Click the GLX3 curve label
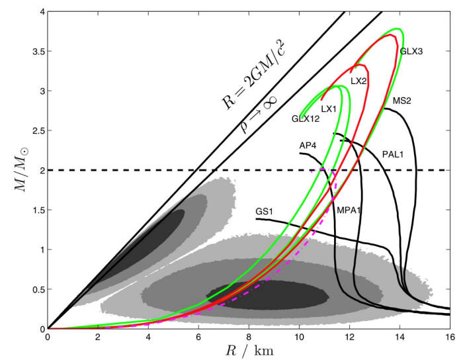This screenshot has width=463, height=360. pos(411,50)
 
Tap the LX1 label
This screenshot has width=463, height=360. pos(329,109)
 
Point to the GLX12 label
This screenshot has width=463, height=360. pos(304,119)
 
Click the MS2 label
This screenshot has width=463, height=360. pos(402,101)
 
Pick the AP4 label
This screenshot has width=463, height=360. pos(307,145)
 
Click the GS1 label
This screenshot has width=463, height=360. pos(265,211)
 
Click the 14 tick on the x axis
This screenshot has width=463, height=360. pos(400,336)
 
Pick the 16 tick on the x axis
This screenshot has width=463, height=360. pos(450,336)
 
